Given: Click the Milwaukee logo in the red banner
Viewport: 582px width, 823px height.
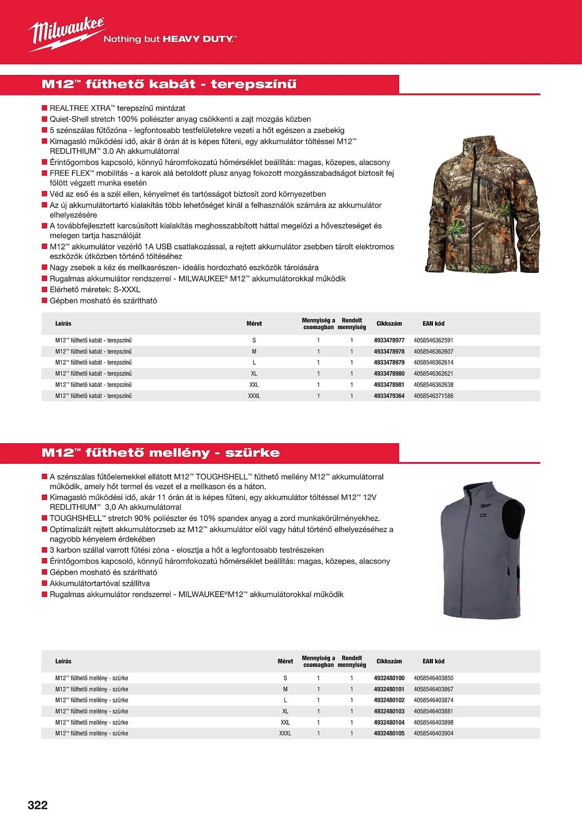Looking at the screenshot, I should point(66,34).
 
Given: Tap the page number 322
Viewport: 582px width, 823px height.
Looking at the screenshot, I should point(37,805).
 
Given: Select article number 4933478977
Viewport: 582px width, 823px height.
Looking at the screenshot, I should point(389,340).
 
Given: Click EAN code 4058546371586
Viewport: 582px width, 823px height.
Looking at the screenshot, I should point(433,396).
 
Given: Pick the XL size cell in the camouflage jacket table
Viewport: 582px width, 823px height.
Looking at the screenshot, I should point(254,374).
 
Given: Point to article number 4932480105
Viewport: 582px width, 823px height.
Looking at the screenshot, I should point(389,733).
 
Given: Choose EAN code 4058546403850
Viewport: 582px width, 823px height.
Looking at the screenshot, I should point(433,678).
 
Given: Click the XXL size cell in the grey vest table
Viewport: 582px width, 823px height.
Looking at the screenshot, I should point(285,722).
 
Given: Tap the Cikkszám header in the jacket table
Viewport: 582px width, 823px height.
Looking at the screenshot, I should point(389,323).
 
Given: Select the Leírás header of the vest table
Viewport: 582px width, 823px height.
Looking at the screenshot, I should point(63,661).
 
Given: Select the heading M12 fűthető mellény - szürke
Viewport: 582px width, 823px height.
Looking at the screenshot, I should point(161,453).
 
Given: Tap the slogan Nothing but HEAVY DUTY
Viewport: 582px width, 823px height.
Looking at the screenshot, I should point(170,40).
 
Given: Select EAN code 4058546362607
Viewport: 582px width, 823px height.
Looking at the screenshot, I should point(433,351).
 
